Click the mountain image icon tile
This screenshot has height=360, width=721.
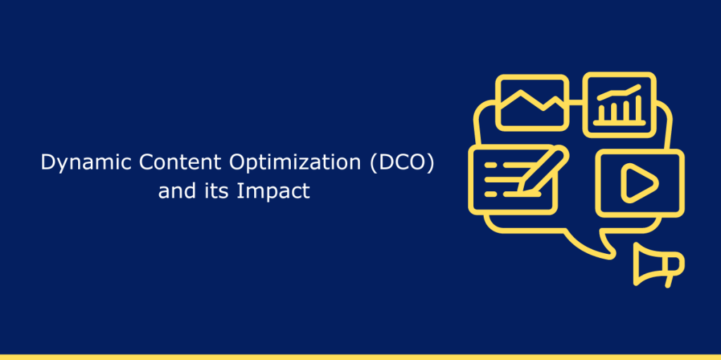coord(532,103)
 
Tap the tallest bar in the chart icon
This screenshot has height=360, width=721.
coord(636,109)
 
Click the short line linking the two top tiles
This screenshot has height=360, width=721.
coord(576,103)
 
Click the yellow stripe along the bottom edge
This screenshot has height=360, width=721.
coord(360,356)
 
